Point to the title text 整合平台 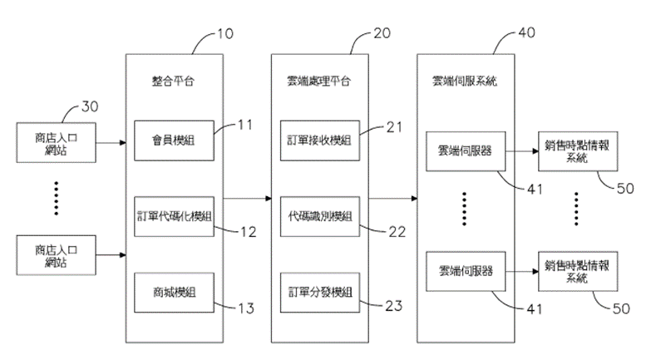tap(174, 81)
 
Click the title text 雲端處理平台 tap(319, 81)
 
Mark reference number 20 tap(382, 35)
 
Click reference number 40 tap(526, 35)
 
